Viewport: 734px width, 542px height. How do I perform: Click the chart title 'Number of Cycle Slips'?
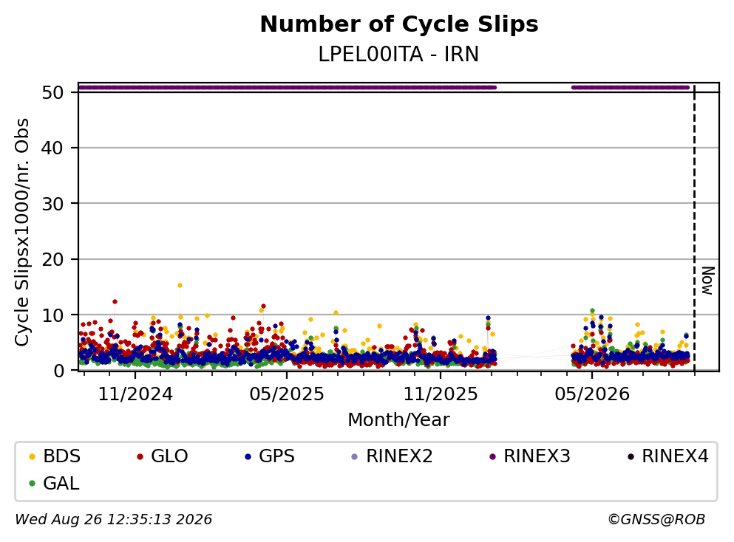(399, 24)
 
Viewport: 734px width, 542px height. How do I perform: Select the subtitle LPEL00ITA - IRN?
(398, 55)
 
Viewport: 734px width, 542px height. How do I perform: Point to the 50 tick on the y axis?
(52, 92)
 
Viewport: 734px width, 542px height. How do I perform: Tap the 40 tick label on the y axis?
(52, 148)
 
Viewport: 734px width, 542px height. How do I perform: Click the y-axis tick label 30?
(52, 204)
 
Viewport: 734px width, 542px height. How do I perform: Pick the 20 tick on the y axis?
(52, 259)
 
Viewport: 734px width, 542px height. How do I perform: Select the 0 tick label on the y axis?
(58, 371)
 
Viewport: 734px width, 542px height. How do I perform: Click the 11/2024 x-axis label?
(135, 394)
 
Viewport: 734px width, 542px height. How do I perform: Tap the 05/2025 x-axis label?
(287, 394)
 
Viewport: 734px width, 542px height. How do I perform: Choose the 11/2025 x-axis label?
(441, 394)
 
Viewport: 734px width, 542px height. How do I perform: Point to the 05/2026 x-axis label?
(592, 394)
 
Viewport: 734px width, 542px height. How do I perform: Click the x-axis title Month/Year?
(398, 420)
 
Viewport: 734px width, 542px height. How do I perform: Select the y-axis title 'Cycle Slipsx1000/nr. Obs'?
(22, 233)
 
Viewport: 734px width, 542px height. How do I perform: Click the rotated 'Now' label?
(708, 281)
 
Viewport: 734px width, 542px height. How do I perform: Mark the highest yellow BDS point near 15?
(180, 285)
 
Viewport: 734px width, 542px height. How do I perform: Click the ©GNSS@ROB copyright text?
(656, 519)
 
